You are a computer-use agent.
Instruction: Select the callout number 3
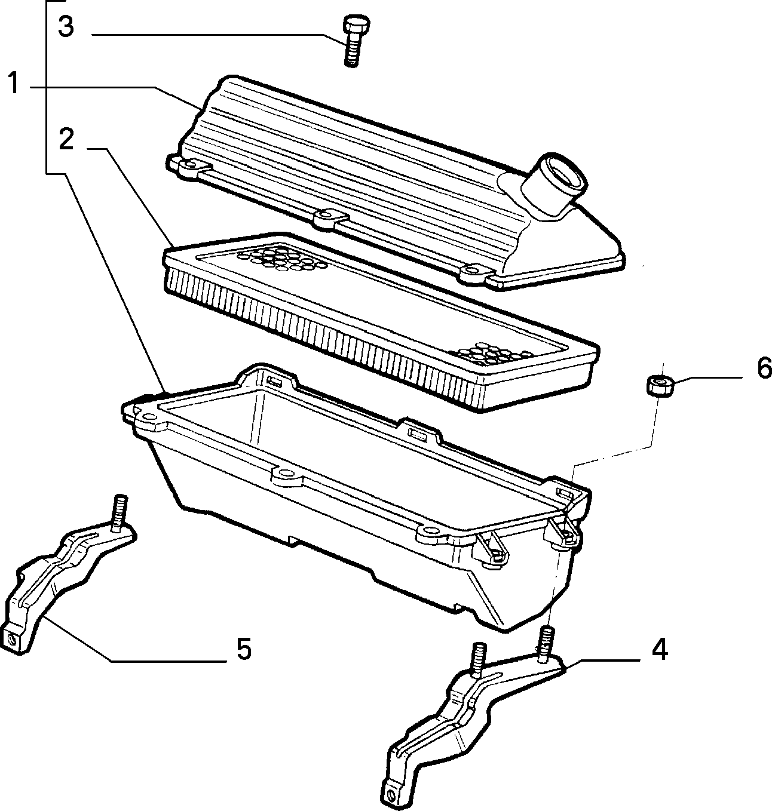66,26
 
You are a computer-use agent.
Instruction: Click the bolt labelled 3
354,41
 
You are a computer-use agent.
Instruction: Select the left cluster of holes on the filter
281,258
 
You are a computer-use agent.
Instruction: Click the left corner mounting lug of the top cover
189,166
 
